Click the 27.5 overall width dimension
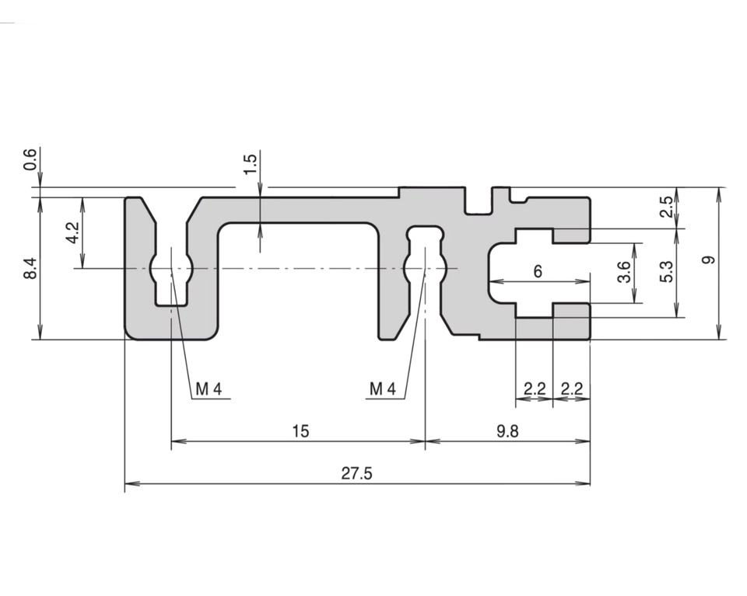(x=356, y=472)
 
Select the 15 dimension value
(x=300, y=430)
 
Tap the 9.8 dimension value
(x=507, y=430)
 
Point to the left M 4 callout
(x=208, y=389)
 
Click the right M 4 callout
(x=382, y=389)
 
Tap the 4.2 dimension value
(x=72, y=232)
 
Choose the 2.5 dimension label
(x=666, y=207)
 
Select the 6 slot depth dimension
(x=538, y=271)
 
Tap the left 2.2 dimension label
(x=535, y=389)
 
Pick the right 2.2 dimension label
(x=572, y=389)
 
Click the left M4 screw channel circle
(x=171, y=269)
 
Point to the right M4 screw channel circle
(x=425, y=269)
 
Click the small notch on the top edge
(x=479, y=204)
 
